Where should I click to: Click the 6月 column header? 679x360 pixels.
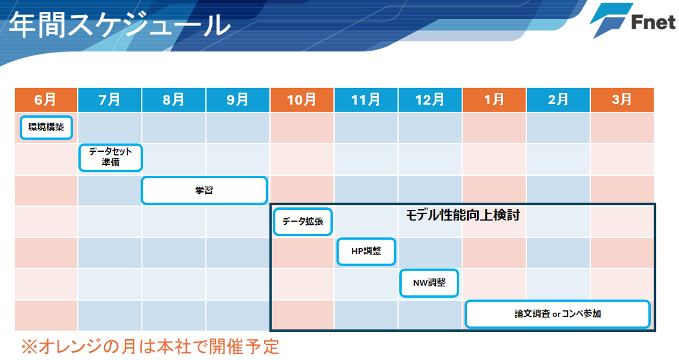[x=46, y=100]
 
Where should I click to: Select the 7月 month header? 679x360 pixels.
[x=110, y=100]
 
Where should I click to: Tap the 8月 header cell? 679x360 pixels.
[x=174, y=100]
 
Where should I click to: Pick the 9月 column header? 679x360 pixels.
[x=238, y=100]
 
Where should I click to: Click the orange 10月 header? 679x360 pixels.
[x=302, y=100]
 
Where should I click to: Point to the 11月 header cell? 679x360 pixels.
[x=366, y=100]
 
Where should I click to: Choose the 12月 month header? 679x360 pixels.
[x=430, y=100]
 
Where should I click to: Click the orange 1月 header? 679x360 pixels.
[x=494, y=100]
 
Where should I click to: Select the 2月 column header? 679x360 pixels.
[x=558, y=100]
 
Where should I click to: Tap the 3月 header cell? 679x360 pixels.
[x=622, y=100]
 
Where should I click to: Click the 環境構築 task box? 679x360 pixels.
[x=46, y=128]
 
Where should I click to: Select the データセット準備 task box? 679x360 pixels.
[x=110, y=158]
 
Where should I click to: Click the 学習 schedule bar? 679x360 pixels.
[x=204, y=190]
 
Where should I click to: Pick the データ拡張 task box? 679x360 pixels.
[x=303, y=222]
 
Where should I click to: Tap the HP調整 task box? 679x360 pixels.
[x=366, y=252]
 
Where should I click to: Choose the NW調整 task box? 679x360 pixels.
[x=429, y=283]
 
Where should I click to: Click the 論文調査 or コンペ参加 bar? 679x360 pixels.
[x=558, y=314]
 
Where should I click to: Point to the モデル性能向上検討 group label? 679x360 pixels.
[x=463, y=215]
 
